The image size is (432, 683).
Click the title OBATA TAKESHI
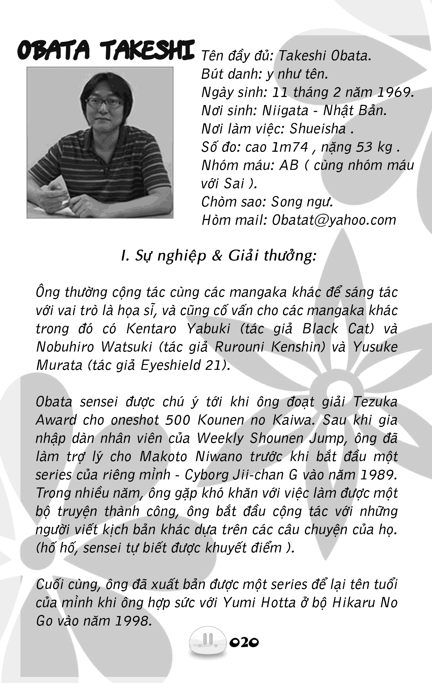106,51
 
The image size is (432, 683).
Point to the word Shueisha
317,129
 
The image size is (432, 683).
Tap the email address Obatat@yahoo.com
334,220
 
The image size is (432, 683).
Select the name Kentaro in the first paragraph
152,329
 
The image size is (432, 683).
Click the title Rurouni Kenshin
270,347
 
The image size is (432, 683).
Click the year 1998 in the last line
133,621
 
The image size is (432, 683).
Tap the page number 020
244,642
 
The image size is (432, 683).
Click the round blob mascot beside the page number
208,642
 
